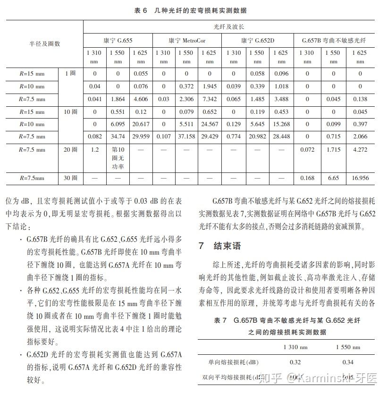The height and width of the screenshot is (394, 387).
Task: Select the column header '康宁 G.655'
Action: coord(118,41)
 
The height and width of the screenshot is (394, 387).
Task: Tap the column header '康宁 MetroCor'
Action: coord(187,41)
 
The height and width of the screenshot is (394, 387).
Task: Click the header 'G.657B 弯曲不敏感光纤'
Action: coord(334,41)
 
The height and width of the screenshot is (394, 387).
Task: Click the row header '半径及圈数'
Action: coord(45,44)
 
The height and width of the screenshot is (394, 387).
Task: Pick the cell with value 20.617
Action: coord(142,124)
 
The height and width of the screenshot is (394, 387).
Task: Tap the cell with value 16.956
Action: coord(360,179)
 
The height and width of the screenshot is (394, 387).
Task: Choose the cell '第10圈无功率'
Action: coord(118,158)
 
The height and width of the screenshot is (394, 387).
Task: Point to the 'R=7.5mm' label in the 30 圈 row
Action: coord(32,179)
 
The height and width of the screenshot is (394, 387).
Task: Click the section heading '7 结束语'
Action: coord(220,246)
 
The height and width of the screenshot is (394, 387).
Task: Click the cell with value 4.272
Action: coord(360,150)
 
